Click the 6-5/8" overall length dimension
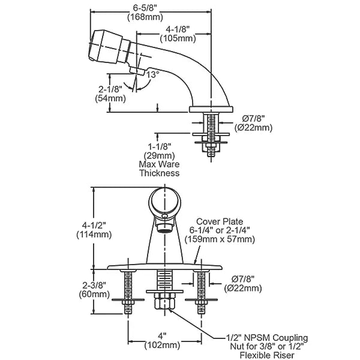pos(145,8)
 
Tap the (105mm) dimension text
pos(178,38)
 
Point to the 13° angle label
pos(153,74)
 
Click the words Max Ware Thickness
pos(159,169)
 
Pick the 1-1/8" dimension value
pos(160,146)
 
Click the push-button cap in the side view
pos(106,46)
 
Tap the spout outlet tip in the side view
pos(136,70)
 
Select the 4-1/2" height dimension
pos(94,226)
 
